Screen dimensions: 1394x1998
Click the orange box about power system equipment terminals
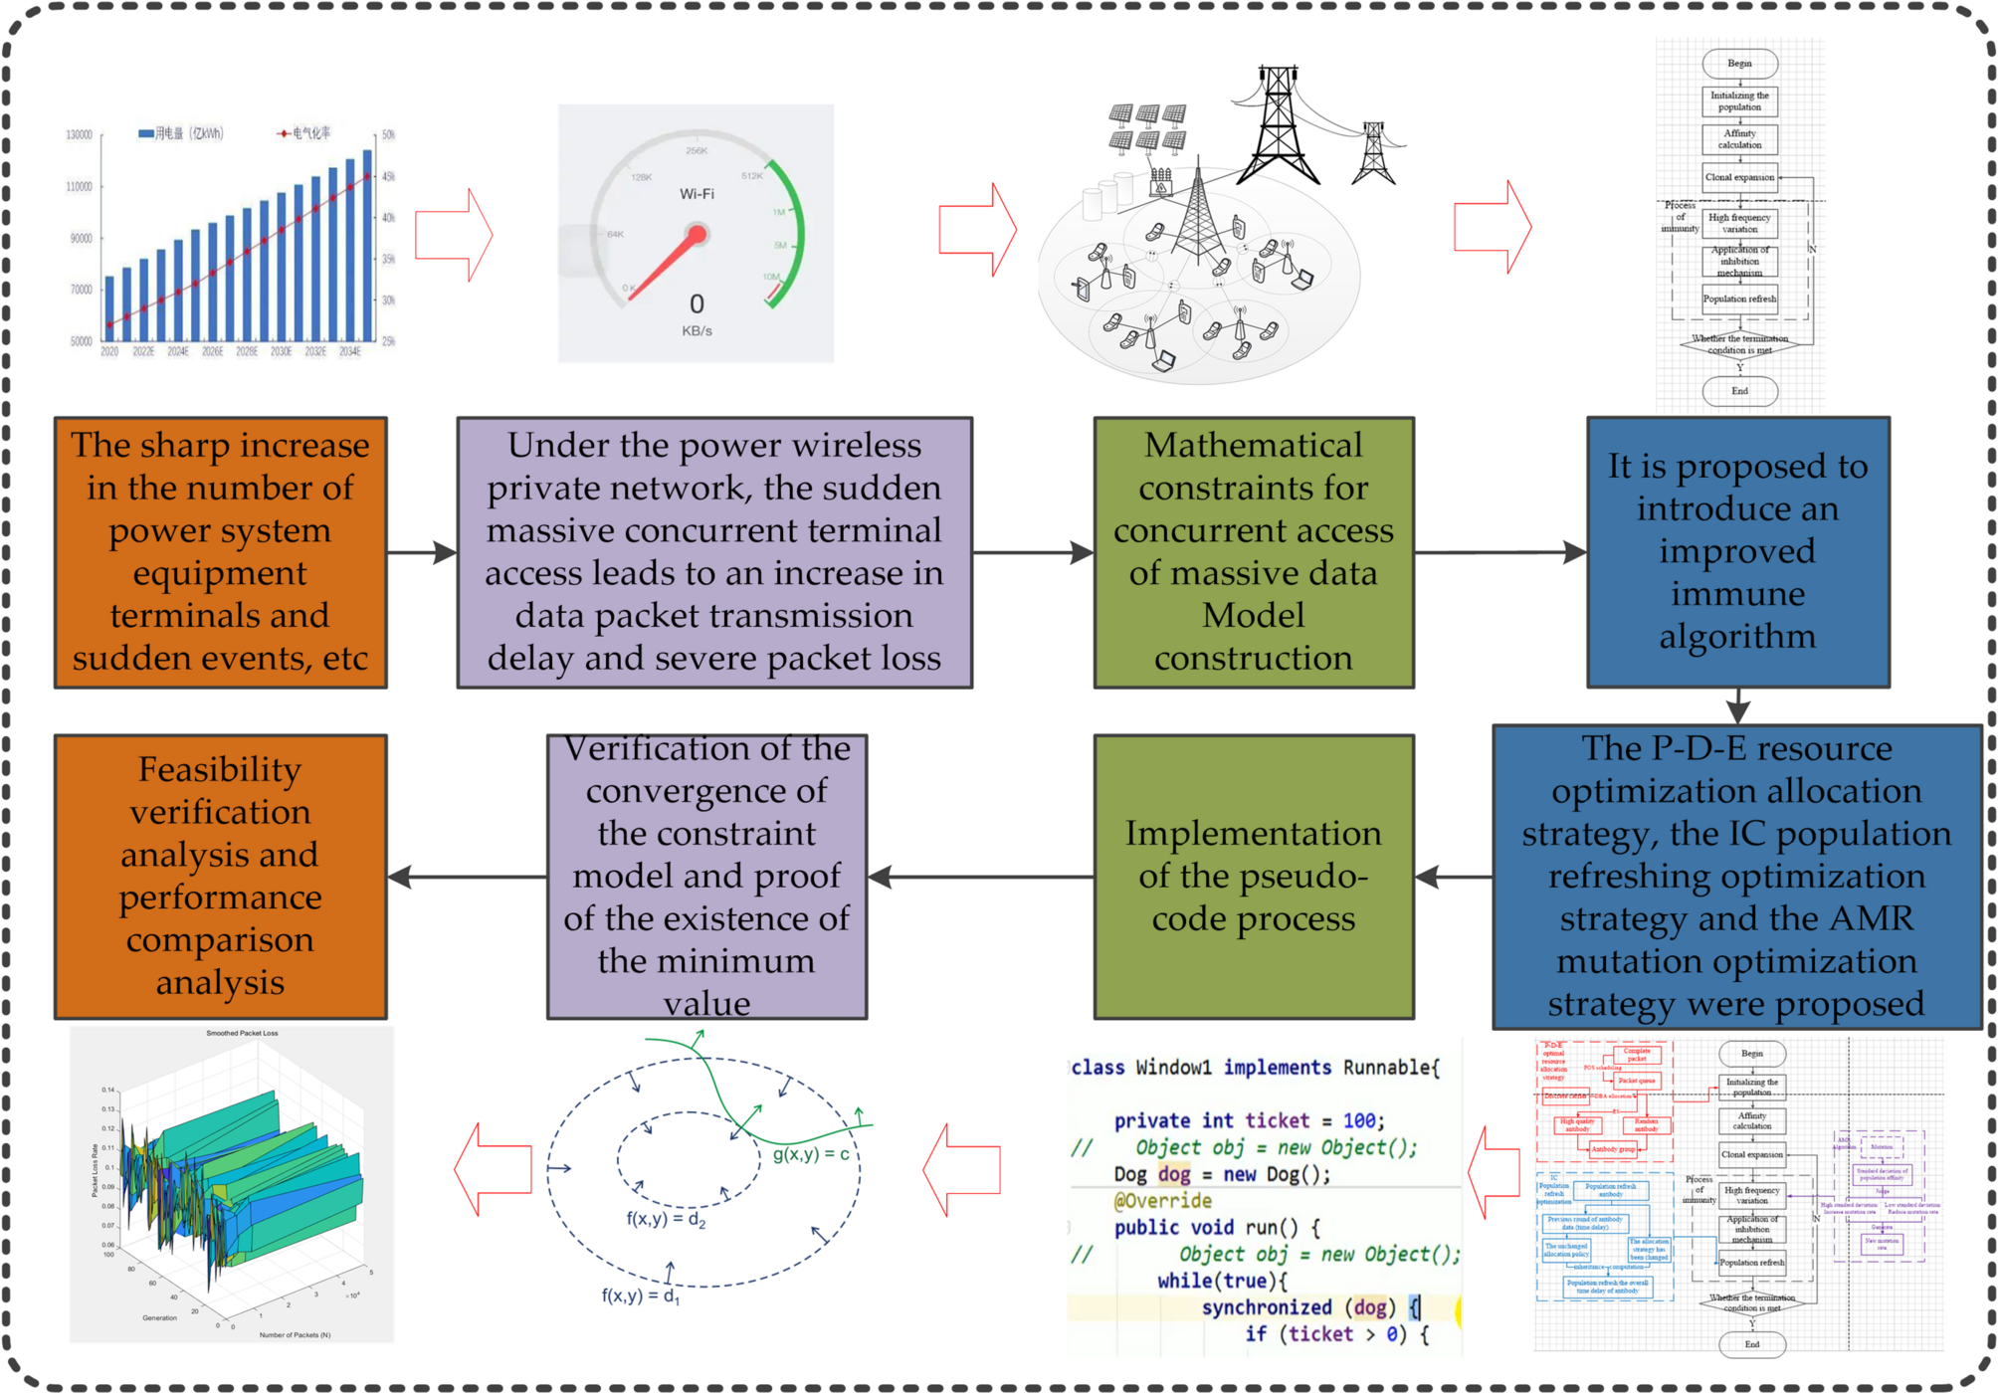(220, 552)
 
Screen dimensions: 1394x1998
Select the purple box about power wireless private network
(713, 552)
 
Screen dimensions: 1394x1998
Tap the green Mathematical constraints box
(1253, 552)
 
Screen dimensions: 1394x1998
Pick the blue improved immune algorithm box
(1737, 552)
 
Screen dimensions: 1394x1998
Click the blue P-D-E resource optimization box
(1736, 876)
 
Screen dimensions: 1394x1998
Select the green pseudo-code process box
(1253, 876)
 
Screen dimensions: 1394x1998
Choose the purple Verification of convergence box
(706, 876)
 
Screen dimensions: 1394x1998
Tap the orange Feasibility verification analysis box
(220, 876)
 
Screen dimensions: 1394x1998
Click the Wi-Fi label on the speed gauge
(697, 194)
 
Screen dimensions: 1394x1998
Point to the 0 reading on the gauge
(697, 303)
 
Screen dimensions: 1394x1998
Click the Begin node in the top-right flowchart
(1739, 64)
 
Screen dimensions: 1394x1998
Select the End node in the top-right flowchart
(1739, 391)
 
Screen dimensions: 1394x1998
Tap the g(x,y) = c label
(811, 1154)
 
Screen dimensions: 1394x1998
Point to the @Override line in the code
(1162, 1201)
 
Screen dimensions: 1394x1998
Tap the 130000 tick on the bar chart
(79, 134)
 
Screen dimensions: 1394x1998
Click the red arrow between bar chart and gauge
(454, 235)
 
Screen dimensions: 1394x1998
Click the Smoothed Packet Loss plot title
(242, 1033)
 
